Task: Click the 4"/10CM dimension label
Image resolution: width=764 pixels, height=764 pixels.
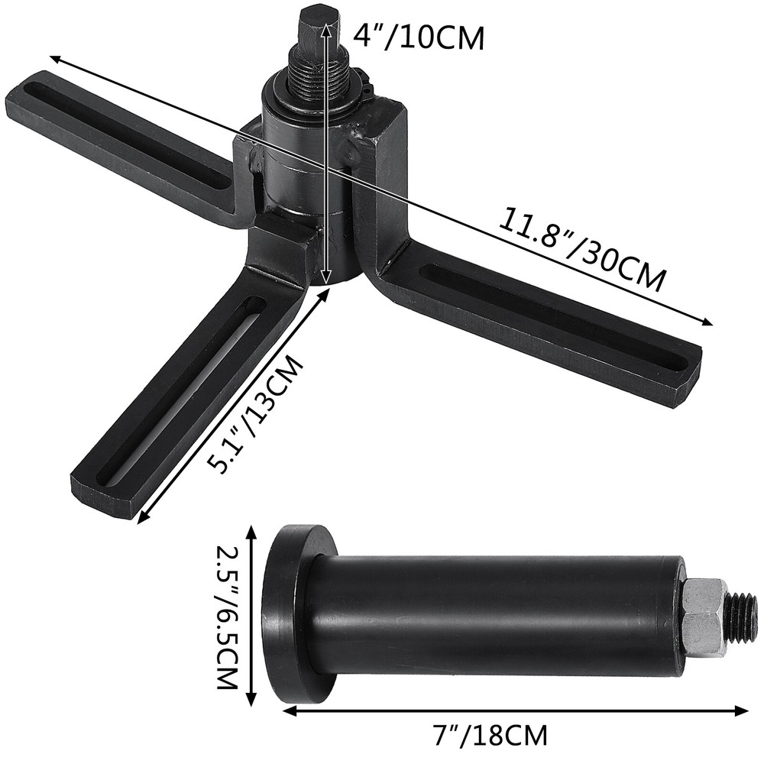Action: pyautogui.click(x=419, y=36)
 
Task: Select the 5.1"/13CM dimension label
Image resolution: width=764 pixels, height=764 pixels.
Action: pyautogui.click(x=257, y=416)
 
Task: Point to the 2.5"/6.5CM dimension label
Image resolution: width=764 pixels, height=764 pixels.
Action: pyautogui.click(x=227, y=617)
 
